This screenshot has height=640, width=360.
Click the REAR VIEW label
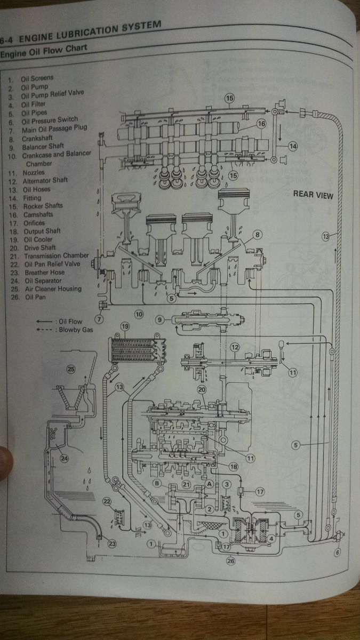click(x=313, y=195)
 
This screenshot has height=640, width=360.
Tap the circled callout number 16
click(x=261, y=124)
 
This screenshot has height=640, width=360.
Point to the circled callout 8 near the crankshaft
click(x=257, y=234)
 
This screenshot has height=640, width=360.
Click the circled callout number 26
click(x=230, y=561)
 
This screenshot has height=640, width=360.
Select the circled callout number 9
click(x=159, y=319)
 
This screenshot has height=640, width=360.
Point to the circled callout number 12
click(x=235, y=347)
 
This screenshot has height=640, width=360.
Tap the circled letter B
click(x=157, y=483)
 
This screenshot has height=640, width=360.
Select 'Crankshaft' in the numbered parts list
click(x=36, y=138)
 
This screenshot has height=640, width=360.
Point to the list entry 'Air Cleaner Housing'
click(x=52, y=289)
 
